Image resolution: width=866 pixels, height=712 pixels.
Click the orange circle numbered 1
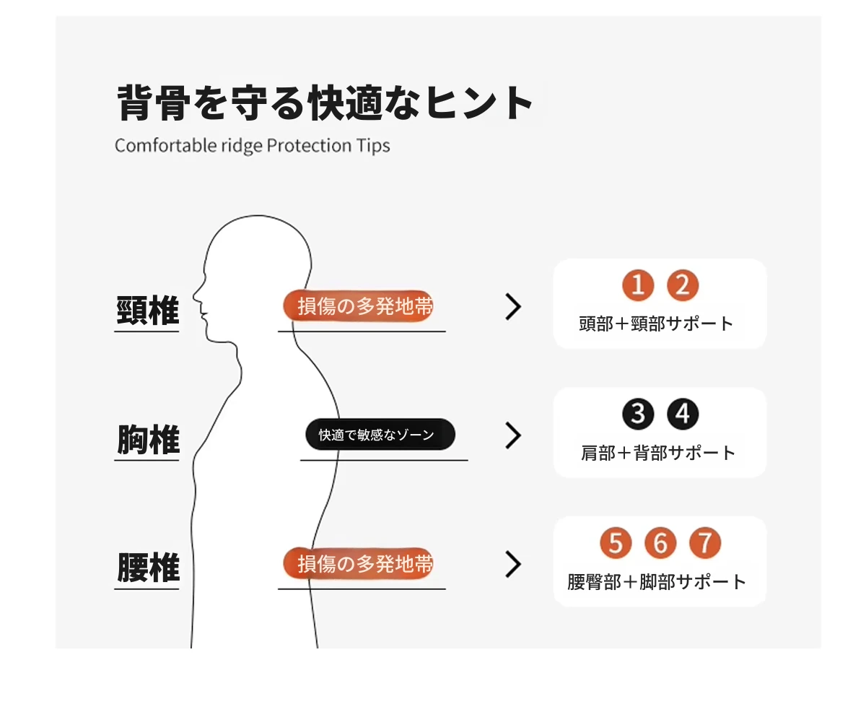pyautogui.click(x=638, y=285)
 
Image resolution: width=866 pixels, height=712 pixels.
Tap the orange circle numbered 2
pyautogui.click(x=682, y=285)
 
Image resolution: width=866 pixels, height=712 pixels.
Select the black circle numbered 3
pyautogui.click(x=638, y=414)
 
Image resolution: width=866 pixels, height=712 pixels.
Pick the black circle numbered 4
pyautogui.click(x=682, y=414)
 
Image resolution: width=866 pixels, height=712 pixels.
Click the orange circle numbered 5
pyautogui.click(x=615, y=543)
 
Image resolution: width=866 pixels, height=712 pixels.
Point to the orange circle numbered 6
pyautogui.click(x=660, y=543)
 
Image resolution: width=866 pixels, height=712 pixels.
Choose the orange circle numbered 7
pyautogui.click(x=704, y=543)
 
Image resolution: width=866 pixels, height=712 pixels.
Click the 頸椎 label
pyautogui.click(x=148, y=311)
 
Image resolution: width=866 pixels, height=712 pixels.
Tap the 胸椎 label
pyautogui.click(x=148, y=439)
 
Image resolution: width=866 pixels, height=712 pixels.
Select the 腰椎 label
pyautogui.click(x=148, y=568)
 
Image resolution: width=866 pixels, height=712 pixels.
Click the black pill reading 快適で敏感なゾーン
pyautogui.click(x=380, y=434)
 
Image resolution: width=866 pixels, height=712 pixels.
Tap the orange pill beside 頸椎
pyautogui.click(x=358, y=305)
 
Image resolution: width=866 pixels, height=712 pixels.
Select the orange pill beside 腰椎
pyautogui.click(x=358, y=563)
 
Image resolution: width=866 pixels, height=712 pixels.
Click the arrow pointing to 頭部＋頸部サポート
pyautogui.click(x=513, y=306)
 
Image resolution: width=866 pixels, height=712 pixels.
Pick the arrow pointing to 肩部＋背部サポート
pyautogui.click(x=513, y=435)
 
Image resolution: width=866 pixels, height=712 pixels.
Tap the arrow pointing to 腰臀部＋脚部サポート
pyautogui.click(x=513, y=564)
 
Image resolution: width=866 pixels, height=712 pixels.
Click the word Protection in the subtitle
pyautogui.click(x=309, y=146)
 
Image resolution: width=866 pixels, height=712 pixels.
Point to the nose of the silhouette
pyautogui.click(x=195, y=294)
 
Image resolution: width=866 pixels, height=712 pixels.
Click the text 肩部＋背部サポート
pyautogui.click(x=657, y=453)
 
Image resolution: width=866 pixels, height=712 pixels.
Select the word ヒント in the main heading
pyautogui.click(x=478, y=103)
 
